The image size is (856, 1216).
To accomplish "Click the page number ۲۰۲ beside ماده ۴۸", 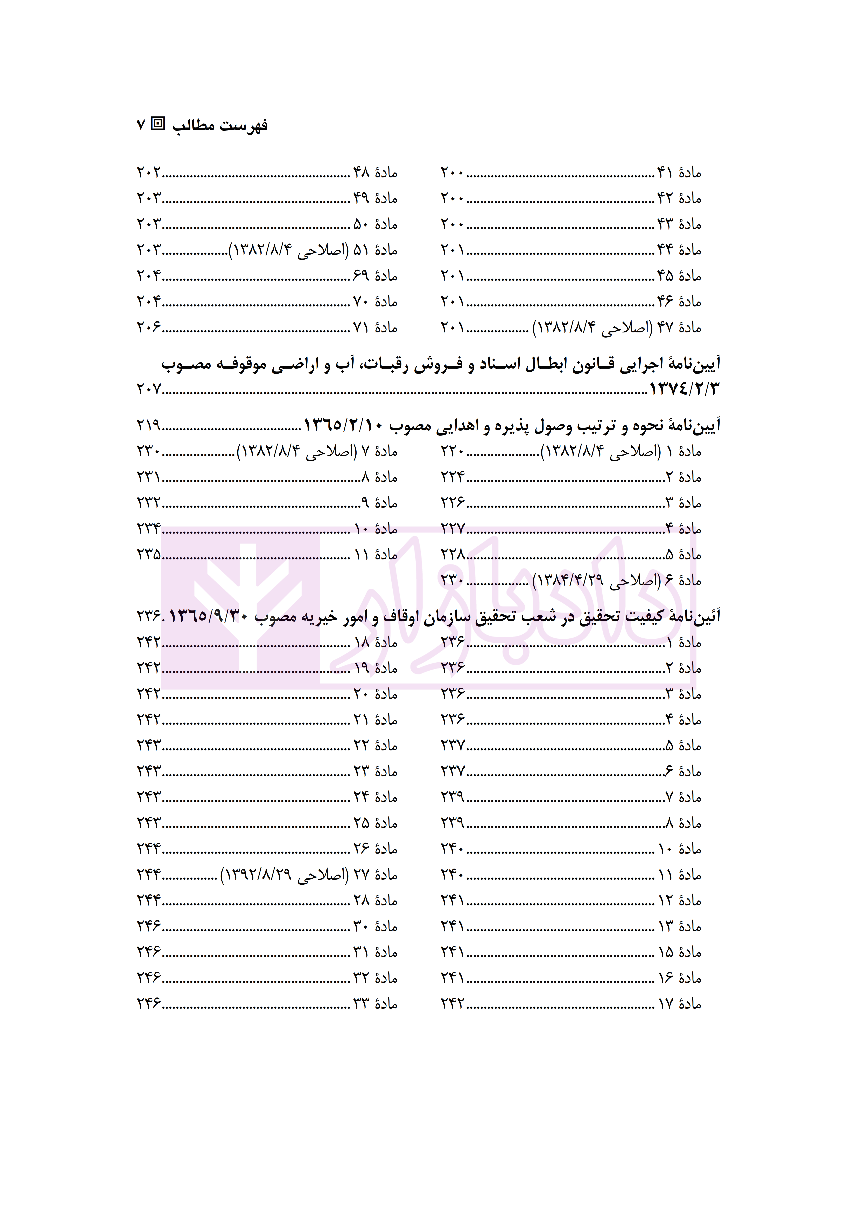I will (x=149, y=173).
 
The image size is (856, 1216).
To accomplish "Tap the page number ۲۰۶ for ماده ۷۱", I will (x=149, y=328).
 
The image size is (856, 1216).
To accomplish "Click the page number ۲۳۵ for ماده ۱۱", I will (x=149, y=555).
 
